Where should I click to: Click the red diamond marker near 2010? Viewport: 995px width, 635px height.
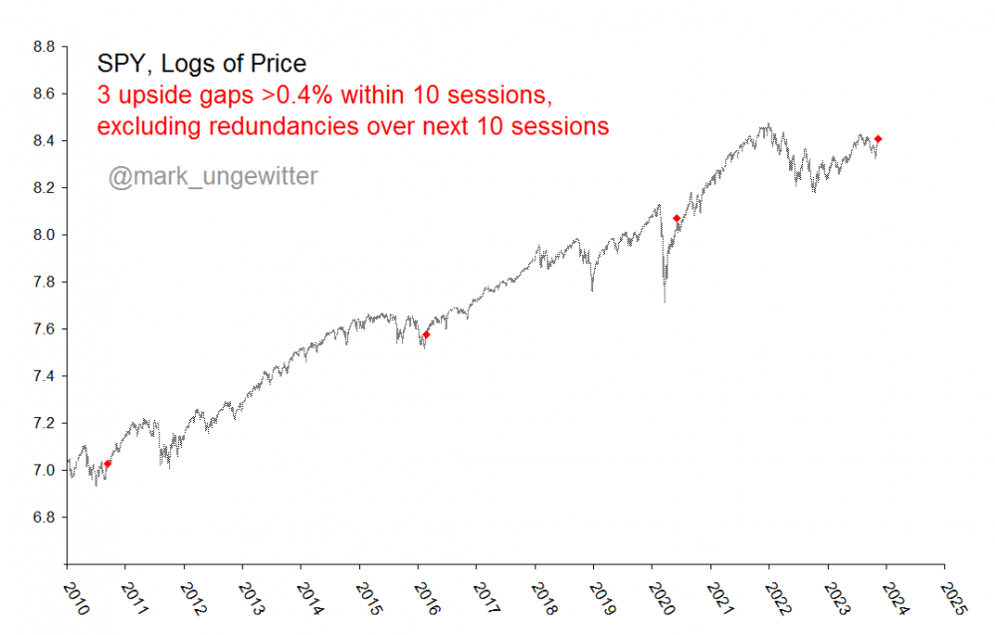coord(107,464)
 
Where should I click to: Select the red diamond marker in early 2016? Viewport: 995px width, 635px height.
coord(426,334)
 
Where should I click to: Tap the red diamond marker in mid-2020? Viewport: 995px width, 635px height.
coord(677,218)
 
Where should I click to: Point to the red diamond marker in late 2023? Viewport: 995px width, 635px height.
coord(879,139)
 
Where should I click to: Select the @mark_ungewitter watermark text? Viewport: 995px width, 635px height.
coord(213,177)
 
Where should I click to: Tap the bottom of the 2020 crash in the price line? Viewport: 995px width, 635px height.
coord(664,301)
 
